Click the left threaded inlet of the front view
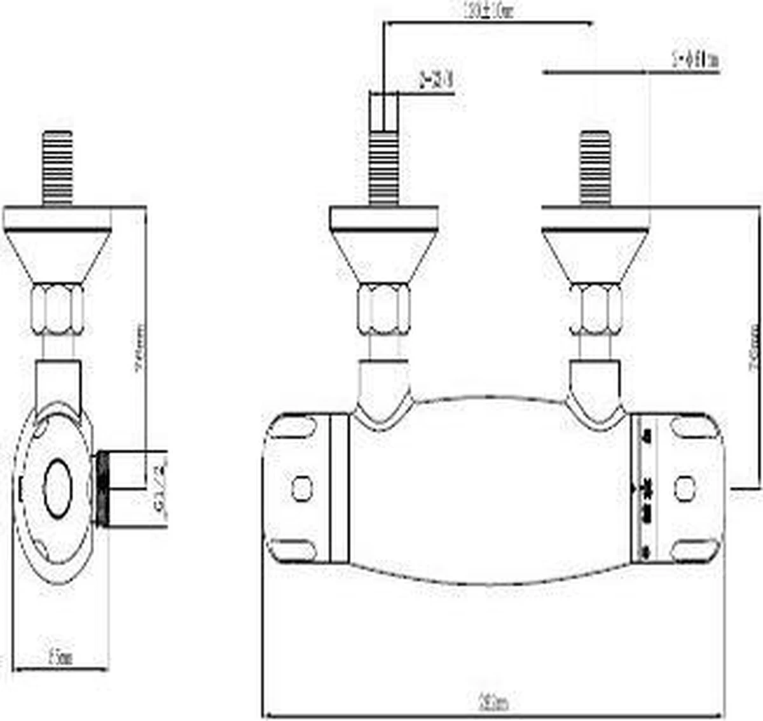[x=384, y=169]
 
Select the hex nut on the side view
[x=58, y=309]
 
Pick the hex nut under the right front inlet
[x=595, y=309]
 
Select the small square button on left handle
[x=302, y=488]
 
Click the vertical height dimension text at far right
[x=753, y=347]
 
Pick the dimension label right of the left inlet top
[x=436, y=81]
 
